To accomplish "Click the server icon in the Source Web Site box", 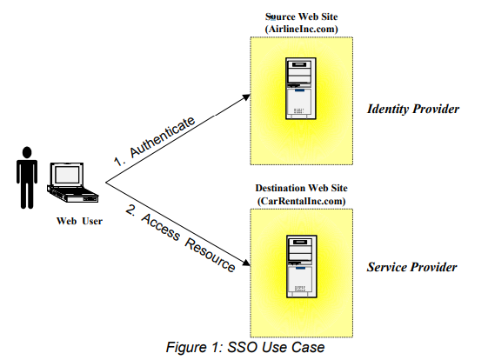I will [x=301, y=90].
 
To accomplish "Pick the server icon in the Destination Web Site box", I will [x=301, y=265].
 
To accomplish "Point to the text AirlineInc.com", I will [x=301, y=29].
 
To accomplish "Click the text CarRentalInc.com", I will [x=301, y=201].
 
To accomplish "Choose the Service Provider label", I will [x=412, y=267].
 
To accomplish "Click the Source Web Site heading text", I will [x=301, y=17].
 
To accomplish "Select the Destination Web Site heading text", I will [x=301, y=188].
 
